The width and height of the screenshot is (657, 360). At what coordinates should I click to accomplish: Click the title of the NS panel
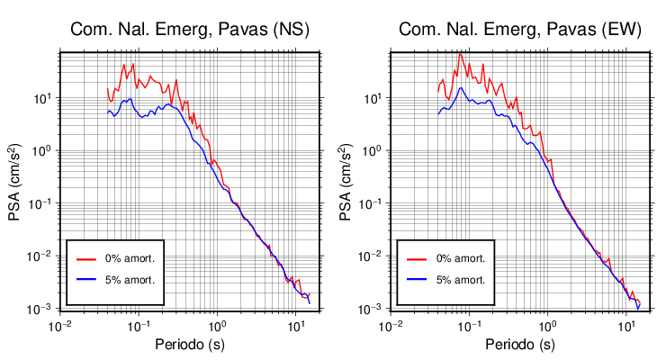tap(190, 30)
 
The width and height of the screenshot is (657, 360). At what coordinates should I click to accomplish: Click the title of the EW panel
tap(520, 30)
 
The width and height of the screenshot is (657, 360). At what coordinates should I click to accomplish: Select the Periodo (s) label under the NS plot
tap(190, 345)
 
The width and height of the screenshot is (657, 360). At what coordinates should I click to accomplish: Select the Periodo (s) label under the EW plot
tap(519, 345)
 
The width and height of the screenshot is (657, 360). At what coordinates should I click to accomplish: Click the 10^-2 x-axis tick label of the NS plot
tap(60, 325)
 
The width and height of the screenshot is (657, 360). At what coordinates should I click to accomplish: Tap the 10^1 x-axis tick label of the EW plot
tap(625, 325)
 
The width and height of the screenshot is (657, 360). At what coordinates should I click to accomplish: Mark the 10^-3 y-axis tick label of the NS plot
tap(42, 310)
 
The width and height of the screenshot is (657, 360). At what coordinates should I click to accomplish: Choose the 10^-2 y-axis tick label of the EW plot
tap(372, 256)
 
